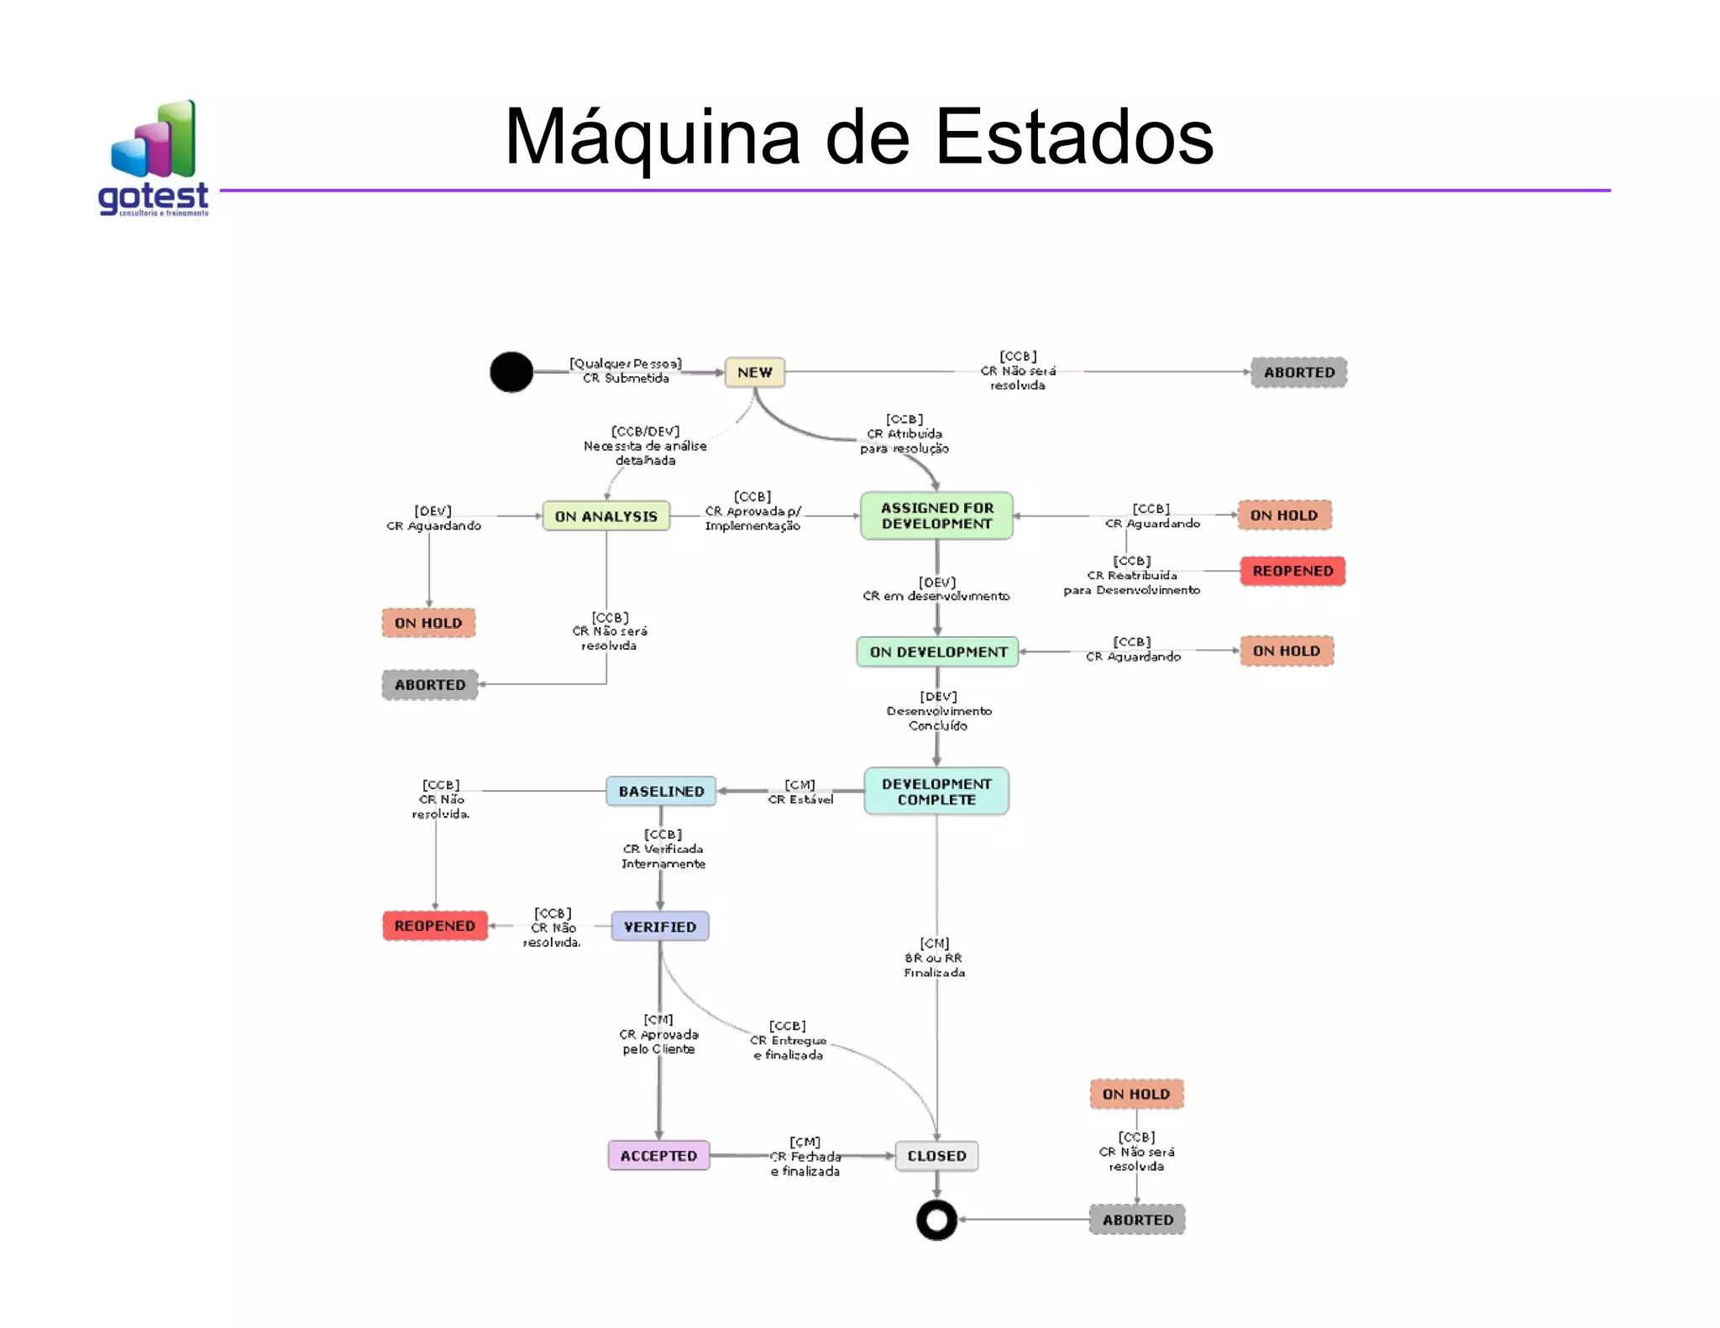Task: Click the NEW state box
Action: pyautogui.click(x=754, y=372)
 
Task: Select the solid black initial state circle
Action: pyautogui.click(x=511, y=372)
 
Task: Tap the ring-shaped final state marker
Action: pyautogui.click(x=936, y=1220)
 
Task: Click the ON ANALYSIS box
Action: pyautogui.click(x=606, y=516)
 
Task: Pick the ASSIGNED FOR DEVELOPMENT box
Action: pyautogui.click(x=936, y=515)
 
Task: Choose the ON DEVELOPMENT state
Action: pyautogui.click(x=937, y=651)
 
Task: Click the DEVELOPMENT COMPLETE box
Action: pyautogui.click(x=936, y=791)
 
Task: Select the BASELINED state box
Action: pyautogui.click(x=661, y=791)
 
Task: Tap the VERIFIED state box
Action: pyautogui.click(x=660, y=926)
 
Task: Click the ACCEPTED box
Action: pyautogui.click(x=658, y=1155)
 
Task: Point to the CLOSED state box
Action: pyautogui.click(x=936, y=1155)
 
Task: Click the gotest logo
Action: pyautogui.click(x=154, y=159)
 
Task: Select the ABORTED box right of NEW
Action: pyautogui.click(x=1298, y=372)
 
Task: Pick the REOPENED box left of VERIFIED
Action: pyautogui.click(x=435, y=925)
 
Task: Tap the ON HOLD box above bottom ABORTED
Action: pyautogui.click(x=1135, y=1094)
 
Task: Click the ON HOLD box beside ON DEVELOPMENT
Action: pyautogui.click(x=1286, y=651)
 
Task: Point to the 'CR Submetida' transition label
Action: pyautogui.click(x=626, y=378)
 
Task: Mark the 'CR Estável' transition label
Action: pyautogui.click(x=800, y=799)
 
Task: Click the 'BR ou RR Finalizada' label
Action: pyautogui.click(x=934, y=965)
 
